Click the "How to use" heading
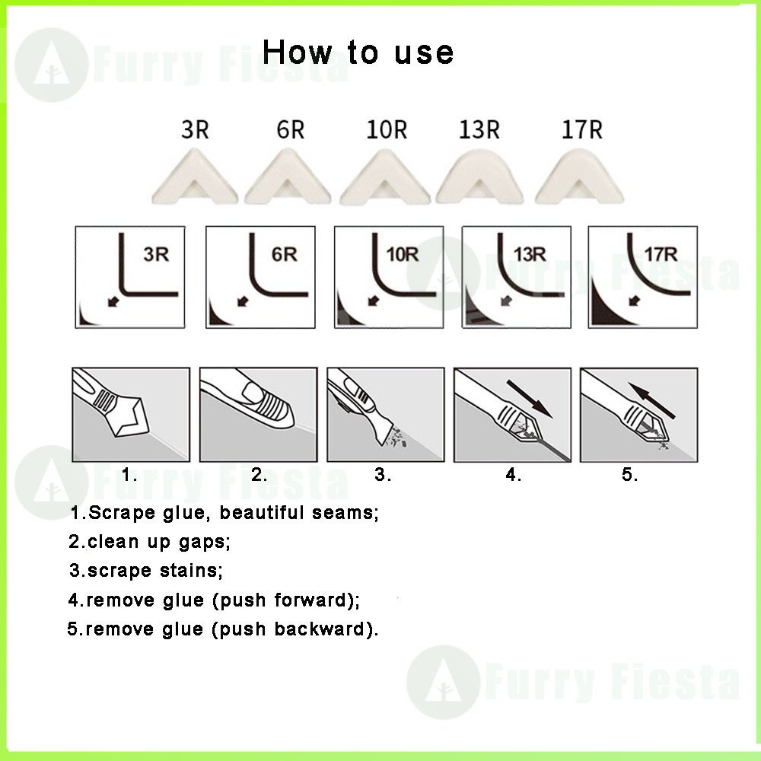(358, 52)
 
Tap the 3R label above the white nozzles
(195, 129)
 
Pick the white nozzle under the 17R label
(579, 177)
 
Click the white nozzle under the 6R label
(288, 177)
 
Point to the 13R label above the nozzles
(479, 129)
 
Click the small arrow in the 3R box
(113, 302)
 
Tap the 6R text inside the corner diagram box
(284, 254)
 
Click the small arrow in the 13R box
(506, 301)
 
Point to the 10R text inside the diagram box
(403, 254)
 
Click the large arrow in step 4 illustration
(530, 399)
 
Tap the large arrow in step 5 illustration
(651, 400)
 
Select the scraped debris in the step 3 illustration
(397, 438)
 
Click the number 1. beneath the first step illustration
(129, 475)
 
